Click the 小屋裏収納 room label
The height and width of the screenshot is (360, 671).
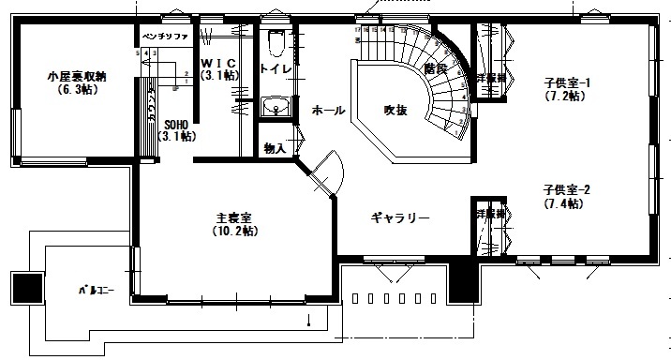point(75,76)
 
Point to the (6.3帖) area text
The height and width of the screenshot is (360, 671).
point(75,90)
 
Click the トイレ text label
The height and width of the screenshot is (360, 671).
point(275,69)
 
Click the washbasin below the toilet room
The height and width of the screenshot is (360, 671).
point(275,107)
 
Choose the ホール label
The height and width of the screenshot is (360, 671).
point(328,110)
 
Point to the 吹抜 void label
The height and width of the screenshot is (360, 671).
point(395,110)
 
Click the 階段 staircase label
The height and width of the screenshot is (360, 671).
point(433,67)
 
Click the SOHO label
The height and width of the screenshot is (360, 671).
point(178,123)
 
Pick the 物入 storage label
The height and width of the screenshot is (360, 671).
point(275,148)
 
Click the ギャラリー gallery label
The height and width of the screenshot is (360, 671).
point(400,218)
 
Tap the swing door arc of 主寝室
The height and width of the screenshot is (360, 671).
point(330,173)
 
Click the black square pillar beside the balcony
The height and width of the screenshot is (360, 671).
point(25,286)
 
